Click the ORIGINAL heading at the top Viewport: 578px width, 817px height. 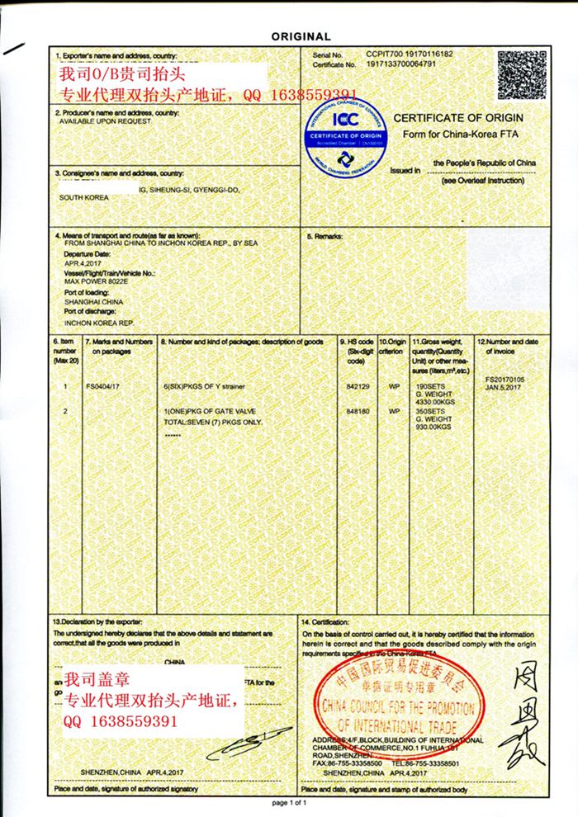301,36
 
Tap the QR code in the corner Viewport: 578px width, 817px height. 520,73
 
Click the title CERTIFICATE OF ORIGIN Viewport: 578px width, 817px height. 457,118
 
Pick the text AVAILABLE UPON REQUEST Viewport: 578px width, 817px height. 105,120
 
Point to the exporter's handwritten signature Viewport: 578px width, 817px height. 245,742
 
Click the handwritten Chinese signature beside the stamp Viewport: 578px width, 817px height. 524,714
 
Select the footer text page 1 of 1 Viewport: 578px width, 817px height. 289,802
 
